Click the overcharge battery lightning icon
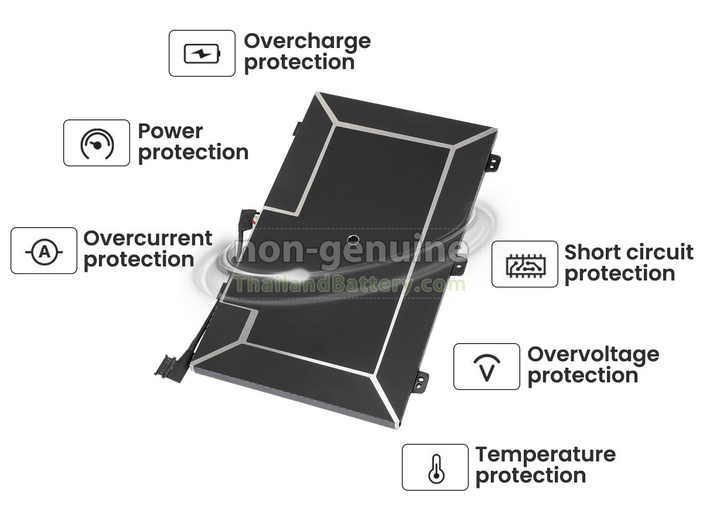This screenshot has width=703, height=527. pyautogui.click(x=202, y=53)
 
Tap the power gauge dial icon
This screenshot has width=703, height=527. pyautogui.click(x=97, y=144)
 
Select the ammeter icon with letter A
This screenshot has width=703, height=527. pyautogui.click(x=44, y=252)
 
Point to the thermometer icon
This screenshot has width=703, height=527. pyautogui.click(x=436, y=469)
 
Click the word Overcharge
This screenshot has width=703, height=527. pyautogui.click(x=308, y=42)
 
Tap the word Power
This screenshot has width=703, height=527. pyautogui.click(x=170, y=131)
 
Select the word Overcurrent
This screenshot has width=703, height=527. pyautogui.click(x=148, y=238)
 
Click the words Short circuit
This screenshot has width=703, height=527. pyautogui.click(x=629, y=252)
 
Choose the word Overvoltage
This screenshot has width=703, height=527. pyautogui.click(x=593, y=356)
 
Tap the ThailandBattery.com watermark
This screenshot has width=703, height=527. pyautogui.click(x=350, y=284)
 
